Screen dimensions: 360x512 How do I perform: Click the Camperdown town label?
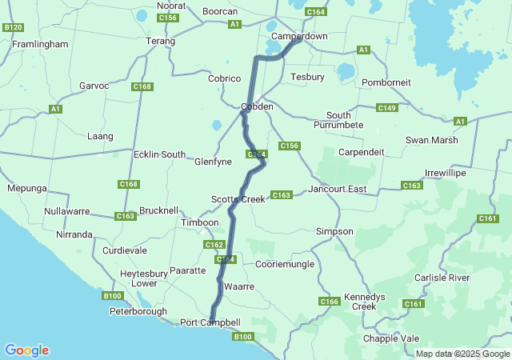[299, 37]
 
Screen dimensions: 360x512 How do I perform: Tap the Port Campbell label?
[210, 322]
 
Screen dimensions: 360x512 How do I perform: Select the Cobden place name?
[258, 106]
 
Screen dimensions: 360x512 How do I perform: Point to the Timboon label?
[200, 222]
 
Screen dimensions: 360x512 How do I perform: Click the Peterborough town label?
[138, 311]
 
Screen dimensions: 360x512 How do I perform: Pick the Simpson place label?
[334, 231]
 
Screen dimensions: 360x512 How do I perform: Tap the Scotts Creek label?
[238, 198]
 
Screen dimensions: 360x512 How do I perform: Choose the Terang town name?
[161, 41]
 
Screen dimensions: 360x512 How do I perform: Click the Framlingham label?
[40, 45]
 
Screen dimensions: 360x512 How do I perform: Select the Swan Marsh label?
[432, 140]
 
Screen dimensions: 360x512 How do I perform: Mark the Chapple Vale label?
[391, 338]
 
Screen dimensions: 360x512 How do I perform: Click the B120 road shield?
[13, 27]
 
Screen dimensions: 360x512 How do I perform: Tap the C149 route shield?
[387, 108]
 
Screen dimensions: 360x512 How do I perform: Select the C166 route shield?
[330, 302]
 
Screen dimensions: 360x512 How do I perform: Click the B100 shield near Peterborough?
[113, 296]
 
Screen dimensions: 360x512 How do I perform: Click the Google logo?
[26, 350]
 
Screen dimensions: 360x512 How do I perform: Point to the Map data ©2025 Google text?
[462, 354]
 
